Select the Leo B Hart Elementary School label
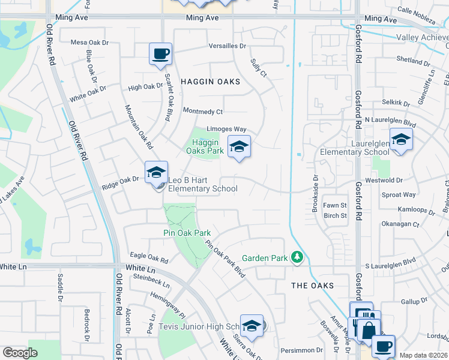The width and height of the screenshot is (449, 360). (202, 184)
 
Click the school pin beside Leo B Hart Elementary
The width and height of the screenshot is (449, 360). (156, 173)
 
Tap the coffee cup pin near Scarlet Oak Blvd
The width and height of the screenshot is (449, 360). (160, 54)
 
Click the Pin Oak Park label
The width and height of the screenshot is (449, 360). (187, 233)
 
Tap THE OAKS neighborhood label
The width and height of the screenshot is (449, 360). (312, 286)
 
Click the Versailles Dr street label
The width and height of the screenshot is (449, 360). (228, 46)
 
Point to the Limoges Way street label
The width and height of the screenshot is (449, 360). (227, 129)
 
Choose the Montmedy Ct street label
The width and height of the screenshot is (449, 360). (203, 111)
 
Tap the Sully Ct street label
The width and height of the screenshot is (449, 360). (258, 69)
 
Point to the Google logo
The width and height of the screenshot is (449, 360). (20, 353)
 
